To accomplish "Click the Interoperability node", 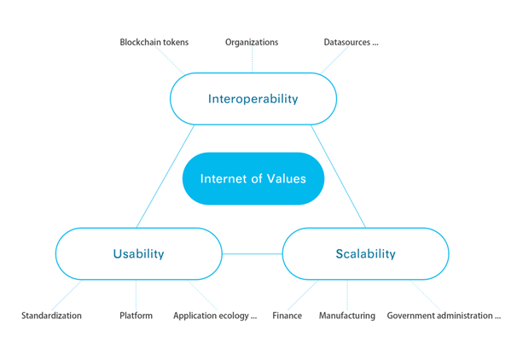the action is point(253,99).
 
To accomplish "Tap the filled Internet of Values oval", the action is point(253,178).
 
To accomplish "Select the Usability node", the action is point(139,253).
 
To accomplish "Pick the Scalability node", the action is point(366,253).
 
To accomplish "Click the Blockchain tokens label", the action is point(154,42).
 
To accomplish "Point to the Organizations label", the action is point(252,42).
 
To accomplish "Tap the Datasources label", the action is point(351,42).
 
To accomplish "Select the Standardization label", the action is point(51,316).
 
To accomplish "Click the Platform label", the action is point(136,316).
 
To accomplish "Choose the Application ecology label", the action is point(215,316).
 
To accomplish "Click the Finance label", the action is point(287,316).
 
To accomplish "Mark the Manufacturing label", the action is point(347,316).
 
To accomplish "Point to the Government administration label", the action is point(444,316).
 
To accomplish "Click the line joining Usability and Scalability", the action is point(253,254).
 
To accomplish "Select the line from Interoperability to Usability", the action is point(166,176).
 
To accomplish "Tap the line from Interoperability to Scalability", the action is point(339,176).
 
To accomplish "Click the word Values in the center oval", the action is point(286,178).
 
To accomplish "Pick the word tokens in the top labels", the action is point(176,42).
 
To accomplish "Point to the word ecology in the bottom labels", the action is point(234,316).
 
